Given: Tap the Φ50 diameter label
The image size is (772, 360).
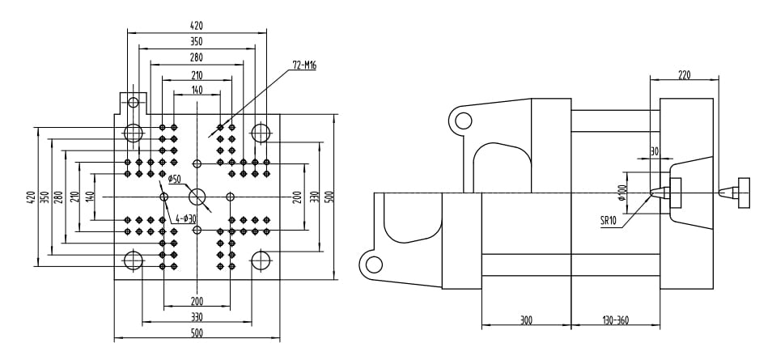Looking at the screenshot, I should pos(174,178).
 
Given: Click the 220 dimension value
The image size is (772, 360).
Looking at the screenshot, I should pos(684,74).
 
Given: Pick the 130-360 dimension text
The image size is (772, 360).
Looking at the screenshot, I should pos(616,320).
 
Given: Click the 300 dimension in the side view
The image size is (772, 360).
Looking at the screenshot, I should pos(526,320).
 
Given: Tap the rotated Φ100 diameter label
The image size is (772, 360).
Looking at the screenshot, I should pos(621,193).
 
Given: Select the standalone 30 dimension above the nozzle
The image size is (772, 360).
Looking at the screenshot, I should pos(654,151).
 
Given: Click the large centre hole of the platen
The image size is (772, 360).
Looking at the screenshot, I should pos(197,197).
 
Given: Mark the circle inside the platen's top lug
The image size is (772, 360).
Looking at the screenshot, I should pos(133,102).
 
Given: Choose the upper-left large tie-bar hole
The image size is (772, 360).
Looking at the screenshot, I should pos(133,133).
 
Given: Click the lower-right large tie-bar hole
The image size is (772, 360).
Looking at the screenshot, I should pos(261,260).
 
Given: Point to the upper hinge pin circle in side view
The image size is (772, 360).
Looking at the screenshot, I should pos(463,121).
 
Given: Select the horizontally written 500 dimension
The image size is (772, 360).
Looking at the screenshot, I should pos(197,332).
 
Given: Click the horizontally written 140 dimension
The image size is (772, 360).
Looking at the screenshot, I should pos(197,91).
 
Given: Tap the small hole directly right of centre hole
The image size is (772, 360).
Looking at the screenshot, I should pos(231,197).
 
